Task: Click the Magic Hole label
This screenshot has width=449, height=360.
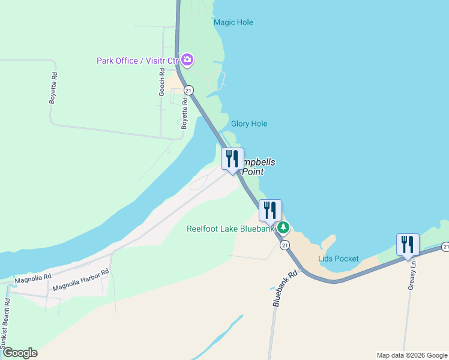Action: [x=234, y=23]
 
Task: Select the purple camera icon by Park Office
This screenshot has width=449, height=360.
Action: [x=187, y=60]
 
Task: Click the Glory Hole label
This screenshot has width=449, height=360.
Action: [x=249, y=124]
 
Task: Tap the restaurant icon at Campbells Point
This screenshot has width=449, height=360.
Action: [x=233, y=159]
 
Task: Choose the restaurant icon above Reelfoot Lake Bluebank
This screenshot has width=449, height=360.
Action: [x=270, y=211]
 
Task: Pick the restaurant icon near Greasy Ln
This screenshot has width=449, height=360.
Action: [x=408, y=245]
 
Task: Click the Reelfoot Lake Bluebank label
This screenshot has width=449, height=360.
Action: [x=230, y=229]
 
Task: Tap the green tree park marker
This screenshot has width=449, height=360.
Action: [x=283, y=228]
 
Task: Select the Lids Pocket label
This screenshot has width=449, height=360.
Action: [x=339, y=259]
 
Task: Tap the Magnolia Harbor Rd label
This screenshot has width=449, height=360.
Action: [x=80, y=281]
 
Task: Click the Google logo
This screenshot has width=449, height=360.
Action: [x=19, y=353]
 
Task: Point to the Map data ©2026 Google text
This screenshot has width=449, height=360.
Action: [x=411, y=355]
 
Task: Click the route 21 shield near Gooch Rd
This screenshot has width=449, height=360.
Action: [x=188, y=90]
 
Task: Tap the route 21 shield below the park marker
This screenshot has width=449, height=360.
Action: [x=285, y=245]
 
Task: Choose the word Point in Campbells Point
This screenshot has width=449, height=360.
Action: [x=252, y=172]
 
